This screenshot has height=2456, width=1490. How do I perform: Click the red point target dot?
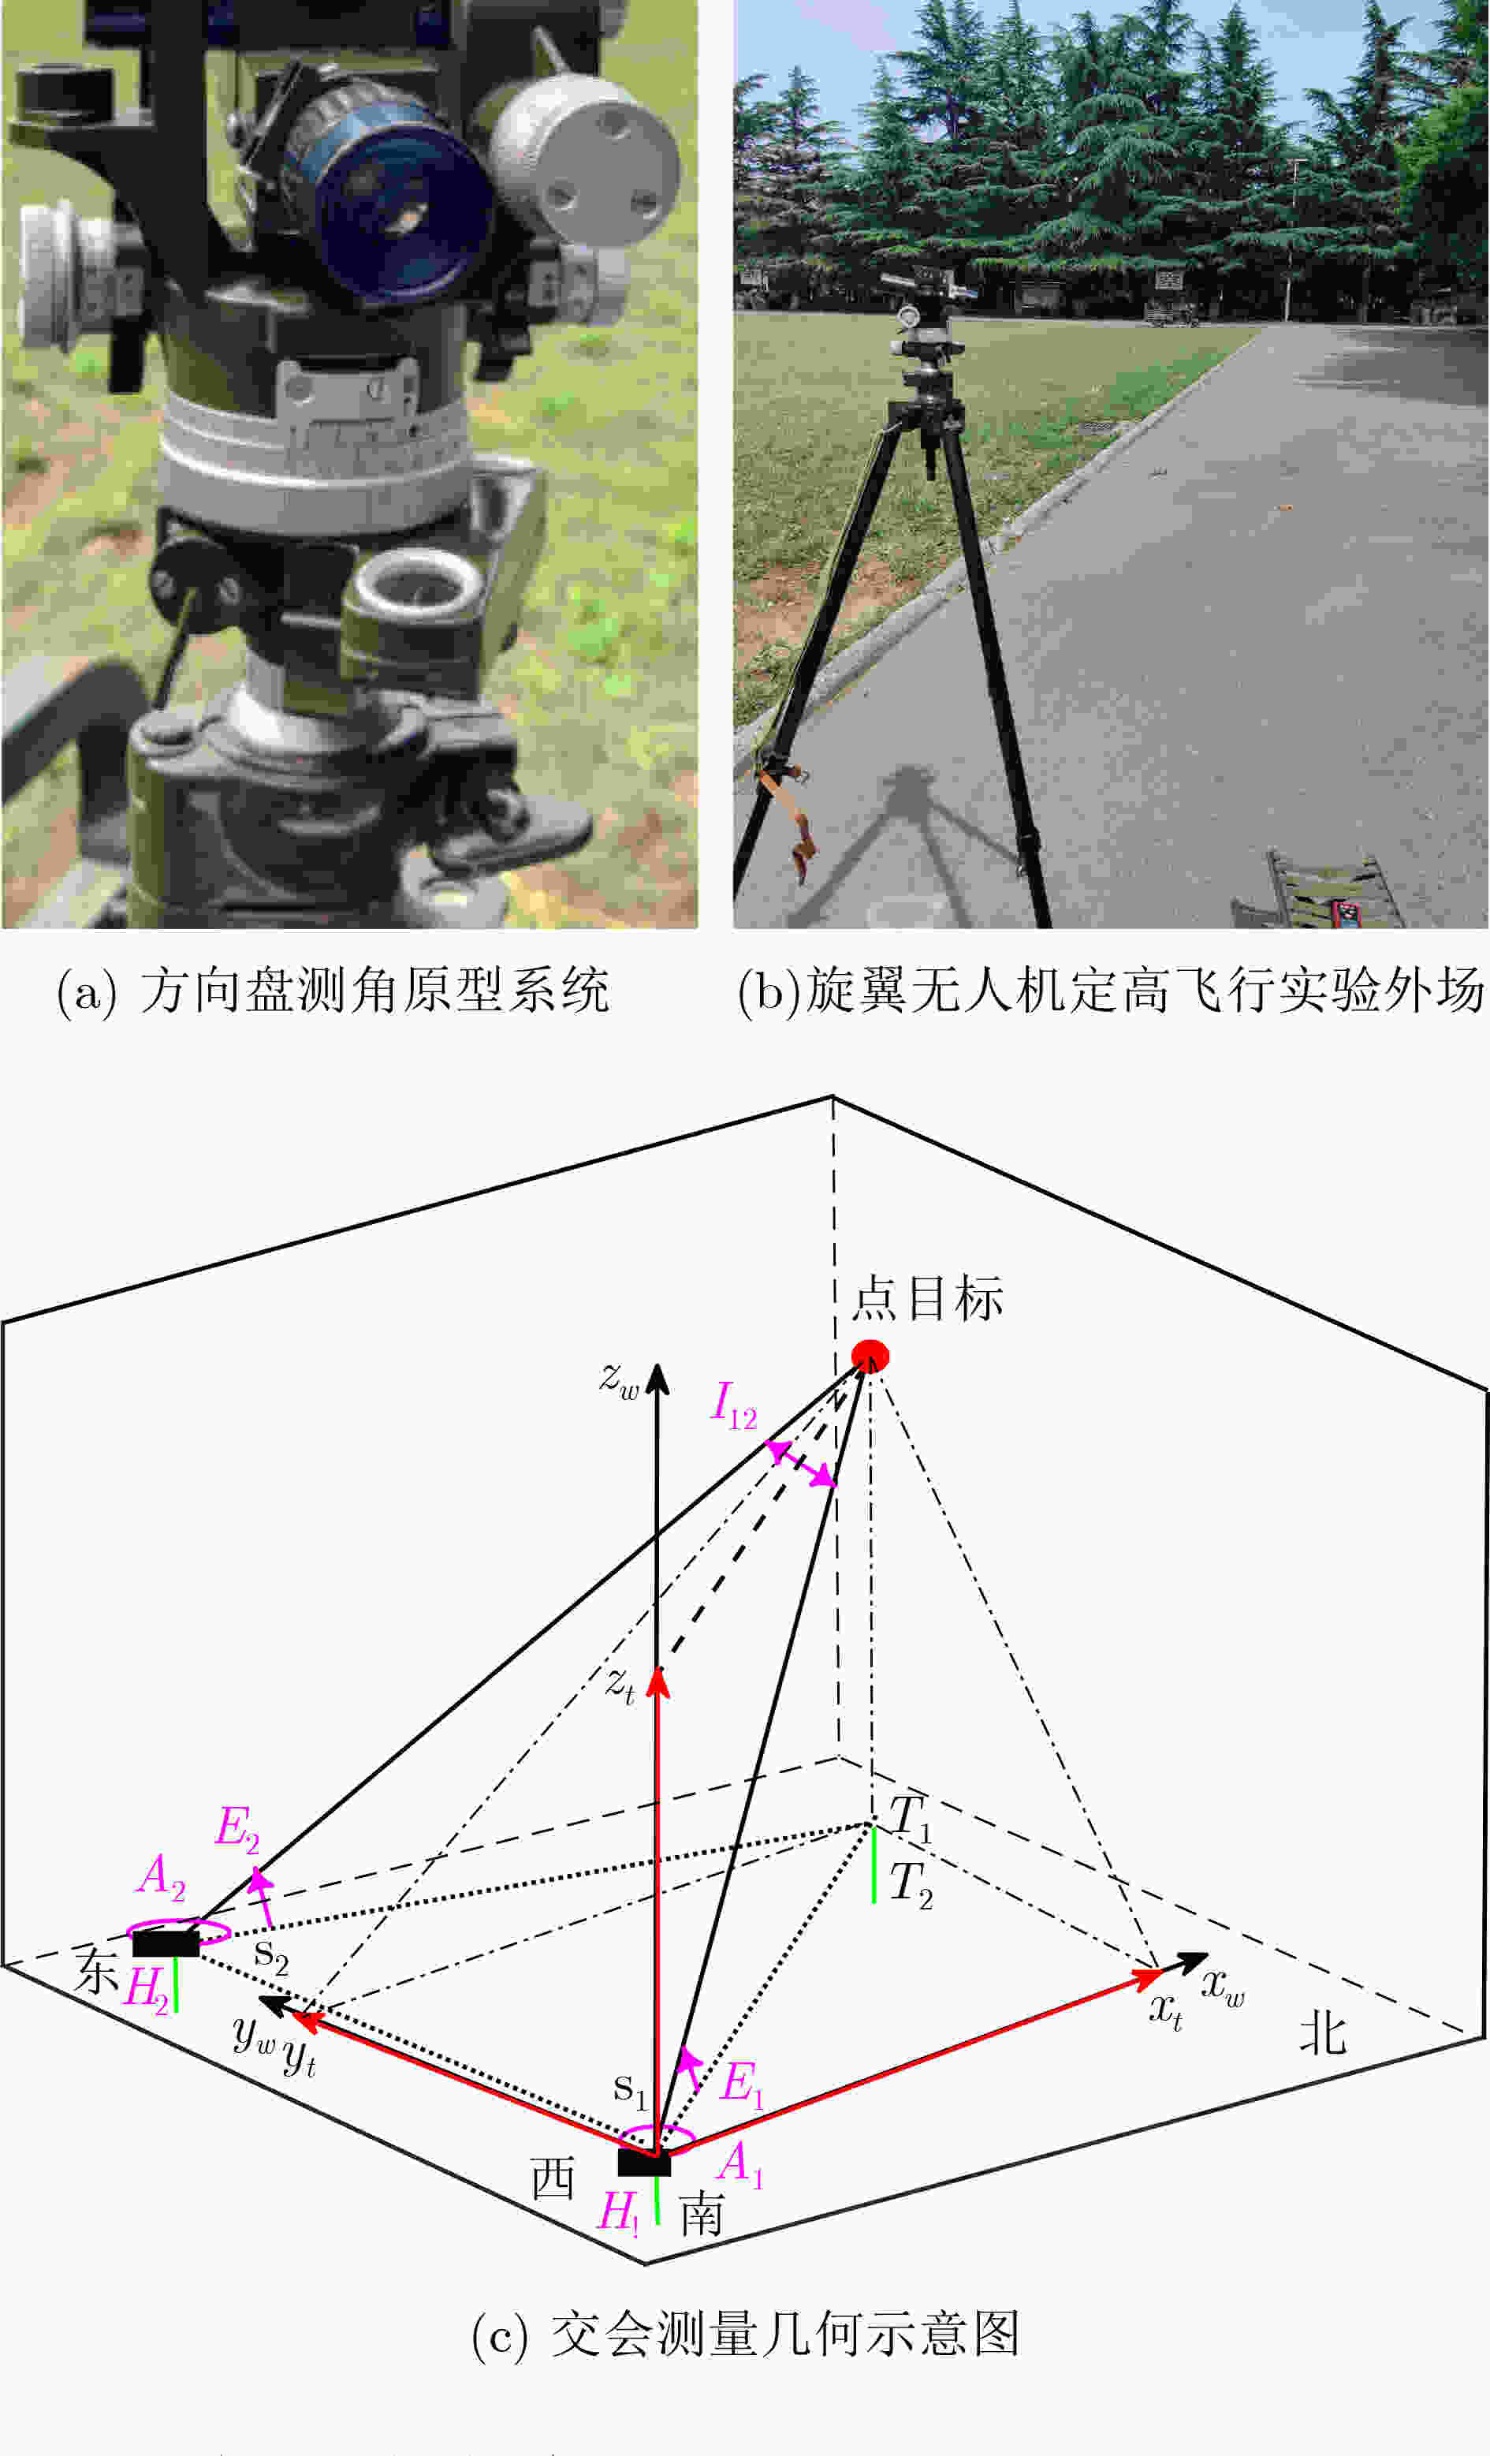click(x=869, y=1356)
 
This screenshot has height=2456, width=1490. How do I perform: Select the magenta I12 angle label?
click(x=735, y=1406)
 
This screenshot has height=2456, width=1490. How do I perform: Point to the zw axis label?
click(x=619, y=1379)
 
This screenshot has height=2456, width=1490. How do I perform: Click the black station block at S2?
click(x=166, y=1943)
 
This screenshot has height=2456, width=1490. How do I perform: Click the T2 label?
click(x=911, y=1885)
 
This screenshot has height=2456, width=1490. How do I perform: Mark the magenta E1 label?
click(x=743, y=2082)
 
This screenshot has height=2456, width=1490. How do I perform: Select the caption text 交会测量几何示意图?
click(x=785, y=2335)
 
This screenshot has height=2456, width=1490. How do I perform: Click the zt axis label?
click(x=620, y=1685)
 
